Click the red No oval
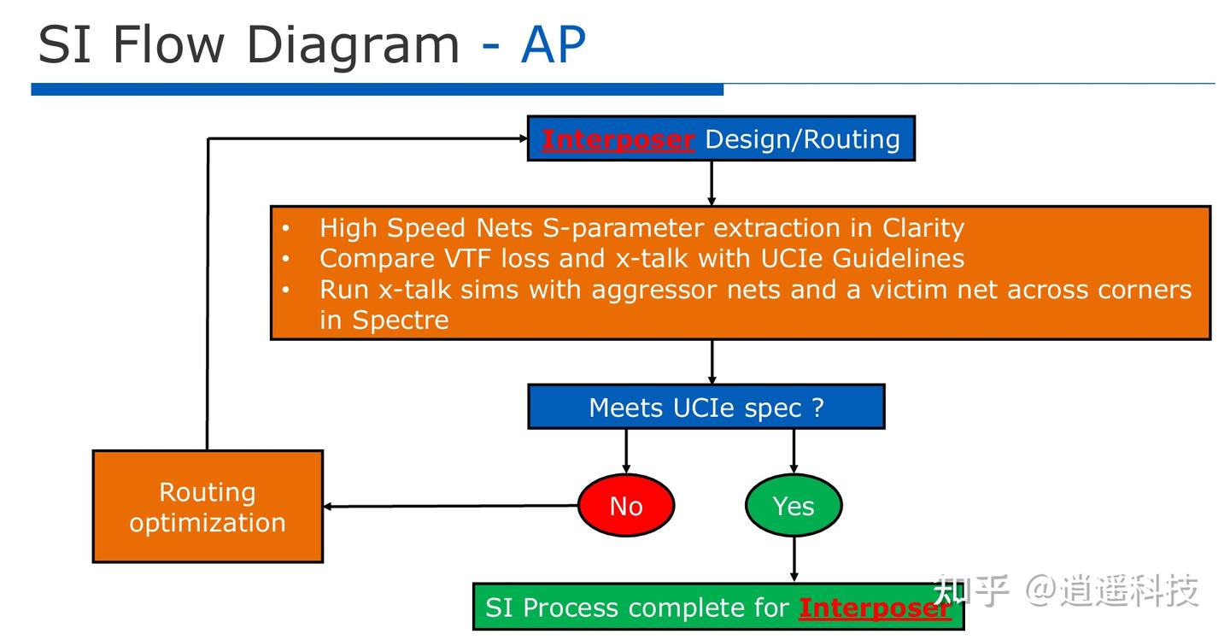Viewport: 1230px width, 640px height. tap(626, 505)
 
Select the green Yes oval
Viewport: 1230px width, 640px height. tap(794, 505)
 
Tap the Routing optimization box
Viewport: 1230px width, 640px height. tap(208, 507)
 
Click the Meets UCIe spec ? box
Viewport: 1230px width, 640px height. tap(706, 407)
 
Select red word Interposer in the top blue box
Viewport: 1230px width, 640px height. tap(618, 139)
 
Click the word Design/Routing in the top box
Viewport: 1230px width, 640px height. tap(802, 139)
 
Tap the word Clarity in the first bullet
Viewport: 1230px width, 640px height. tap(923, 228)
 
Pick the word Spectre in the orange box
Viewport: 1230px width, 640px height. tap(401, 320)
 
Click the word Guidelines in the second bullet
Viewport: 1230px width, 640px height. tap(899, 258)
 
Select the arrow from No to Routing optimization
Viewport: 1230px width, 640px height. tap(451, 506)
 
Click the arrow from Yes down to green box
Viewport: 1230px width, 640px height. tap(794, 559)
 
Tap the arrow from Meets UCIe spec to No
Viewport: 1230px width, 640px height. tap(626, 451)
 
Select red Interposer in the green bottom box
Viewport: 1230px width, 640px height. tap(875, 608)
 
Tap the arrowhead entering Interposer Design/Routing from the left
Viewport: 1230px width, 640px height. tap(524, 138)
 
